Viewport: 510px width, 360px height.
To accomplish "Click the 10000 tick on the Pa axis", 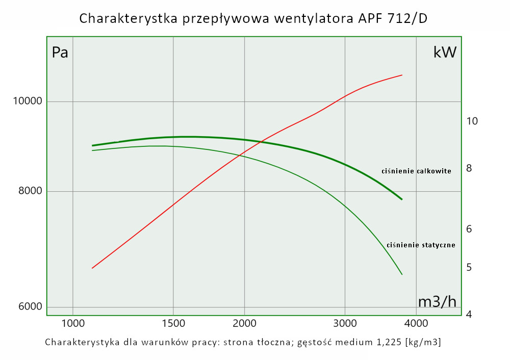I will click(27, 101).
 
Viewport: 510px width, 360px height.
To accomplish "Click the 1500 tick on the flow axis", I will click(173, 323).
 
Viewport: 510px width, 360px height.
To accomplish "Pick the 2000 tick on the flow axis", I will click(244, 323).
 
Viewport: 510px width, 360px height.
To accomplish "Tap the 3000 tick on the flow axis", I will click(345, 323).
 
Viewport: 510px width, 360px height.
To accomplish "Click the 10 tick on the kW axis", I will click(472, 121).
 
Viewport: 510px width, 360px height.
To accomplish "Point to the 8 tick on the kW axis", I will click(469, 168).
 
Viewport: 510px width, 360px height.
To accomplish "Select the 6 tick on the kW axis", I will click(469, 229).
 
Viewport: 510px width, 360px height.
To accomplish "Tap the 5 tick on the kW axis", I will click(469, 268).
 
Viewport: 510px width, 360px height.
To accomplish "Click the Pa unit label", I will click(60, 53).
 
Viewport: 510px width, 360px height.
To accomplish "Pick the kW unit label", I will click(445, 53).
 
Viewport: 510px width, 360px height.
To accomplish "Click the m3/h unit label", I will click(437, 302).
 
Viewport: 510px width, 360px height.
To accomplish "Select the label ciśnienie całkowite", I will click(416, 171).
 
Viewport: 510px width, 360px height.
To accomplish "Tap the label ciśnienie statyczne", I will click(421, 245).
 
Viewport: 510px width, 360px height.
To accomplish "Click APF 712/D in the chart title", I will click(390, 19).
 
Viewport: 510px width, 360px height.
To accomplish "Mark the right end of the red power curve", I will click(402, 75).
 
